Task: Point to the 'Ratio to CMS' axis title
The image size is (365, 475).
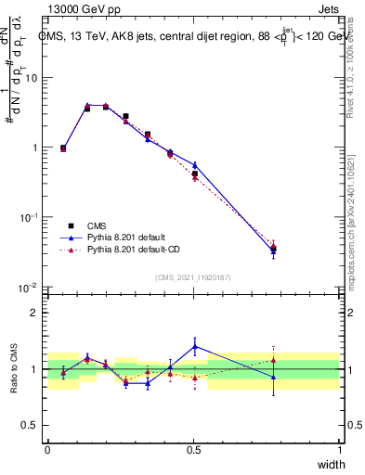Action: (13, 368)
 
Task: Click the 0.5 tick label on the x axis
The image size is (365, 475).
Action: (193, 448)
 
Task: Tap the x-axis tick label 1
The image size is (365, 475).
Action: (339, 448)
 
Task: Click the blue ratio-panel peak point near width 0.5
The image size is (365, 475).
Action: (194, 346)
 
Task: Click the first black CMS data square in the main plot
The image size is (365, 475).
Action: (63, 148)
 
